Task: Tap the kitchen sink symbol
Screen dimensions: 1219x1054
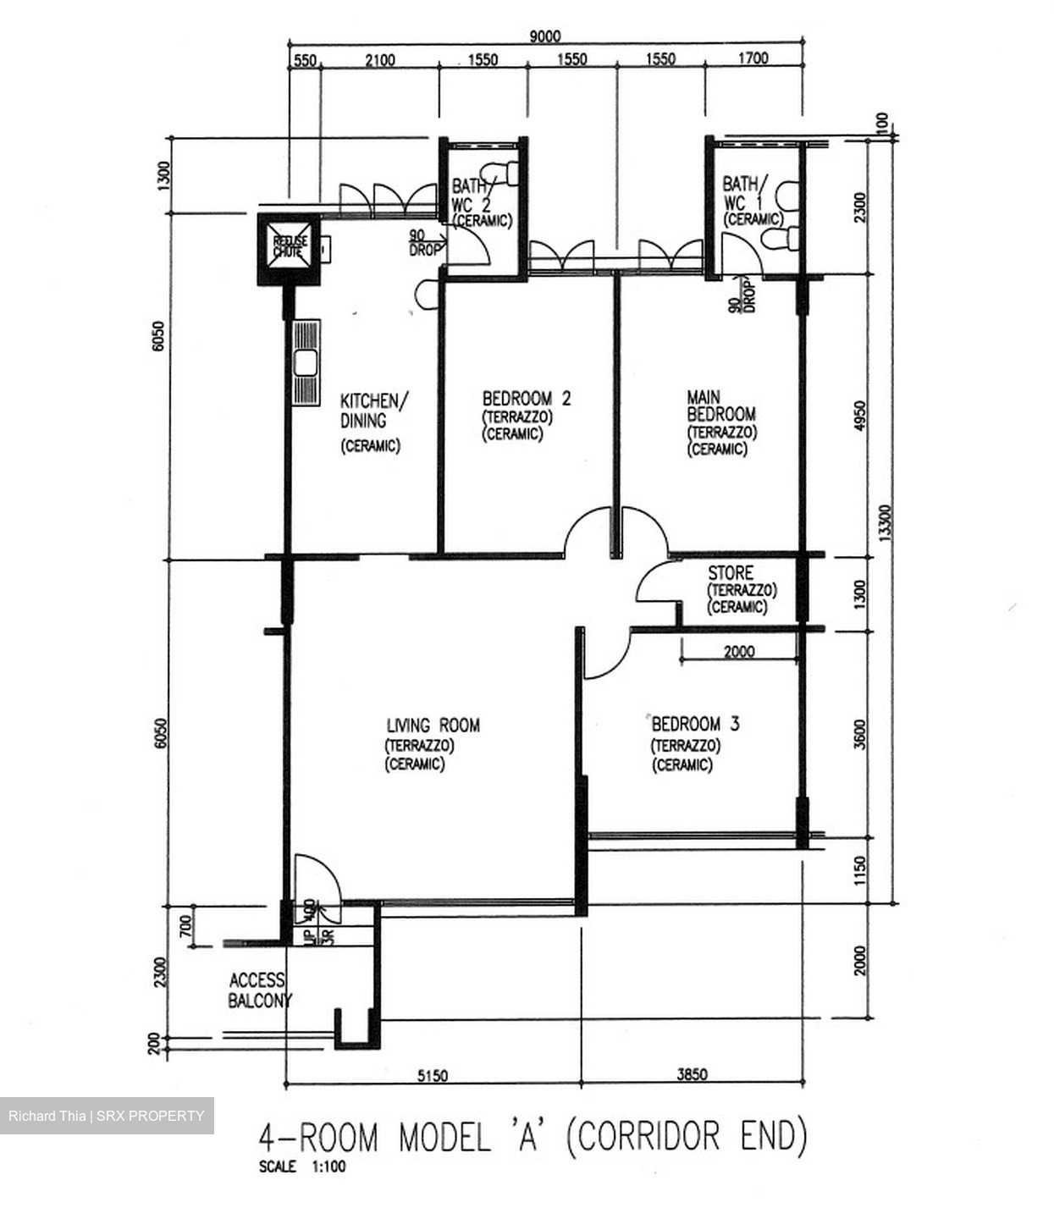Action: click(x=305, y=363)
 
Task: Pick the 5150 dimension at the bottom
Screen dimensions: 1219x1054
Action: click(x=433, y=1075)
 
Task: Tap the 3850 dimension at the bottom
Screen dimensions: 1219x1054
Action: click(x=692, y=1075)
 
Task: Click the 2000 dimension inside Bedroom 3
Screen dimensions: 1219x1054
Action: click(x=739, y=652)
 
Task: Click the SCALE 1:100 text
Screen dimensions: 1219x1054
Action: click(x=302, y=1167)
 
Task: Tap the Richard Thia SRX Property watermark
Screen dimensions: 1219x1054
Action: click(x=107, y=1116)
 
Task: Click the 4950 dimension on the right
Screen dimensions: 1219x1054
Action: click(x=860, y=416)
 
